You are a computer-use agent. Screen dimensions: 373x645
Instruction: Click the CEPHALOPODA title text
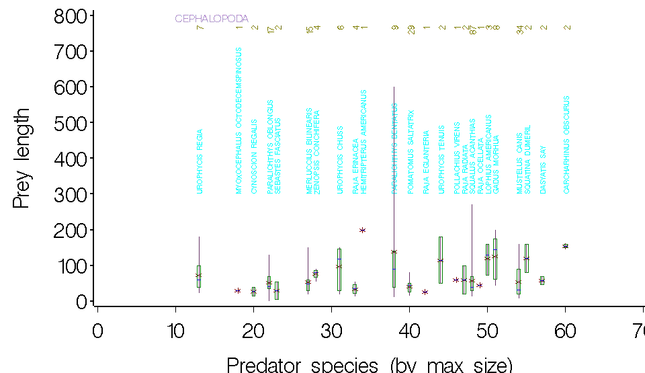212,19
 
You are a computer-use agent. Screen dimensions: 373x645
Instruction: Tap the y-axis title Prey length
22,158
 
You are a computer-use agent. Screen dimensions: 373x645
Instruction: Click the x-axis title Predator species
370,365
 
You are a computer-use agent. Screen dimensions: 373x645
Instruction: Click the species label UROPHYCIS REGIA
200,161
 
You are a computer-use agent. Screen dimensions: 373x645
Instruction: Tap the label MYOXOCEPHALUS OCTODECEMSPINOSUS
239,121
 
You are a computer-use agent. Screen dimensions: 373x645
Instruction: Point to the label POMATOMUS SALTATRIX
411,151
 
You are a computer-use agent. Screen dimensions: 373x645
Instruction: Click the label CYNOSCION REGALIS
254,156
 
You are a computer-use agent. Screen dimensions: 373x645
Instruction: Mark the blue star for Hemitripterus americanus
362,231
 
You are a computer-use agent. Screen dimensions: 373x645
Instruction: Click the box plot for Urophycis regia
199,276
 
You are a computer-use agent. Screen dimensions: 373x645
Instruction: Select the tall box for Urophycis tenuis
441,259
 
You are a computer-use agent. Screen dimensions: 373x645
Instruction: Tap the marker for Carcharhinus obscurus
566,247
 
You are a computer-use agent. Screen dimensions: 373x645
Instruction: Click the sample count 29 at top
411,29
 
